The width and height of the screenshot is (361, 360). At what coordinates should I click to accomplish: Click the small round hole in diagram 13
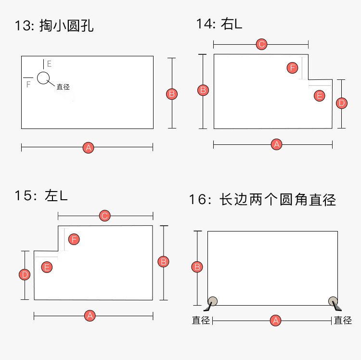pos(43,77)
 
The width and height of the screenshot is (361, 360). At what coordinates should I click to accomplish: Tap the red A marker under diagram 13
pos(88,148)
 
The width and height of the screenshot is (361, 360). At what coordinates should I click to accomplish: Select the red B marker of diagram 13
pos(172,93)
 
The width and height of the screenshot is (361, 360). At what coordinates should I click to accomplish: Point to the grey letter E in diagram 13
pos(49,64)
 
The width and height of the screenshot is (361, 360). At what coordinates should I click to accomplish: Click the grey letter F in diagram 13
pos(28,84)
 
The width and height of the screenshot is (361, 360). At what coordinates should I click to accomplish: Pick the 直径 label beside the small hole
pos(63,87)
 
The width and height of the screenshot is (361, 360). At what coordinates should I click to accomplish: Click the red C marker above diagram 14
pos(261,45)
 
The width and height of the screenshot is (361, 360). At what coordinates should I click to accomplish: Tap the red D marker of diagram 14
pos(341,103)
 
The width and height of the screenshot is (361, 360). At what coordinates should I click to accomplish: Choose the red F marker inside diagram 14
pos(292,68)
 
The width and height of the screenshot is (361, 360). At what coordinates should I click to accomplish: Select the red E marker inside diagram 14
pos(319,95)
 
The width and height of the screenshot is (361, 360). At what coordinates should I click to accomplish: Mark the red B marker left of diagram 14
pos(204,90)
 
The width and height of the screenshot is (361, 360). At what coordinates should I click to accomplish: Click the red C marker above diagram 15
pos(105,216)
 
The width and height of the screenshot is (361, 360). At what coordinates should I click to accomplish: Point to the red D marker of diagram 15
pos(25,275)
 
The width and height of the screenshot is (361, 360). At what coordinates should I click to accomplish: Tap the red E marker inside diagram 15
pos(47,267)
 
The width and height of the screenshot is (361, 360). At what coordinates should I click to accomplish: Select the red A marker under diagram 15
pos(89,316)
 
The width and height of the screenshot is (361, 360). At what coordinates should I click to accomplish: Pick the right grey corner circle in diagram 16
pos(333,301)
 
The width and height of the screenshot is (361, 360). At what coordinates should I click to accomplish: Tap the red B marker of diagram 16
pos(197,267)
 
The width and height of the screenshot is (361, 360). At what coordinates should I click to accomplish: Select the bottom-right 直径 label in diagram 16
pos(343,321)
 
